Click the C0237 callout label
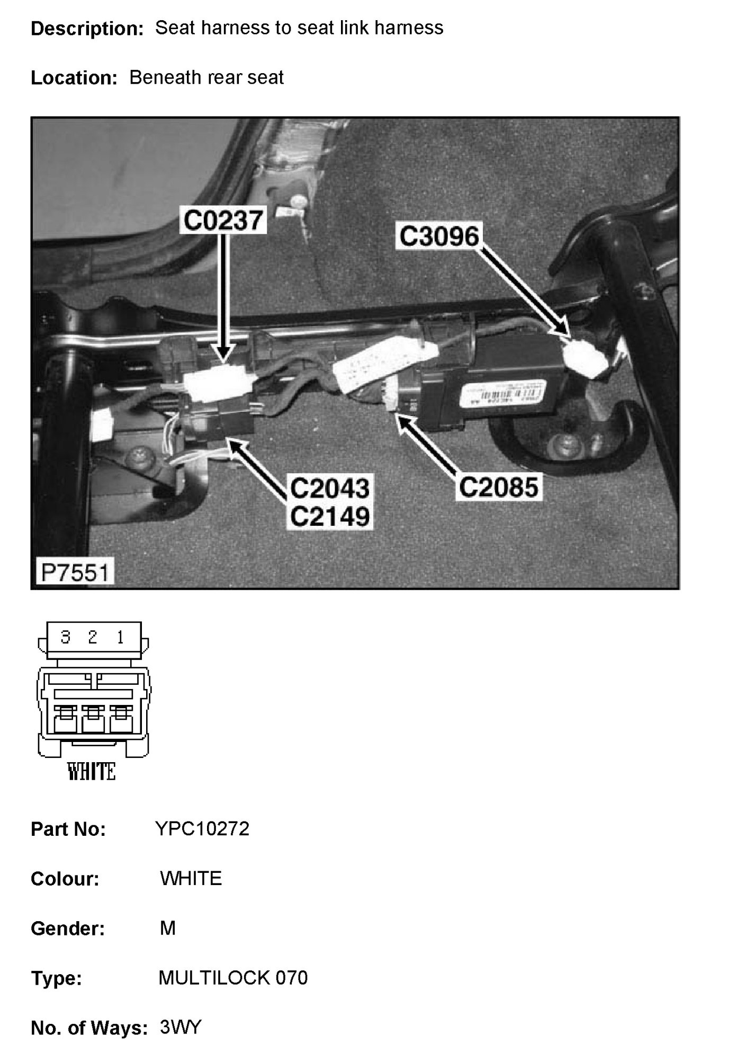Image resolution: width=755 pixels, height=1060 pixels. (x=222, y=220)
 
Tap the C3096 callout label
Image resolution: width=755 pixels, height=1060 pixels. (x=439, y=236)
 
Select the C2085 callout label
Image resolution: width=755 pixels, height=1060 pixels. (x=498, y=487)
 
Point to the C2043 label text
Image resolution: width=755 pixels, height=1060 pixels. (x=330, y=488)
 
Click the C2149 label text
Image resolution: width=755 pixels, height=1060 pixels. (x=330, y=516)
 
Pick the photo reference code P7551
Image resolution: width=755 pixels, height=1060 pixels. (x=75, y=572)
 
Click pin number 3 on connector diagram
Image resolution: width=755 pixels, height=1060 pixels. (x=66, y=637)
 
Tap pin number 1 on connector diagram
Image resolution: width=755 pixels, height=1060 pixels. (x=120, y=637)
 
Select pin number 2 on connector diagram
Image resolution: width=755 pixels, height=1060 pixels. (x=93, y=637)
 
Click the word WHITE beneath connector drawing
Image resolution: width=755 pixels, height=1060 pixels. (x=92, y=772)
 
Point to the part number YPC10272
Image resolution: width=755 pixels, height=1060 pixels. (x=202, y=828)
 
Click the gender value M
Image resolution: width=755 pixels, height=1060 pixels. (x=167, y=928)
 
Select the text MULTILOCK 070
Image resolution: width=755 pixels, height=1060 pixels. (x=233, y=977)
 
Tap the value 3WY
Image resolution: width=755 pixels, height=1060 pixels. (x=181, y=1027)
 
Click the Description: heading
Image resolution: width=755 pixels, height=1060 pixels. (x=87, y=29)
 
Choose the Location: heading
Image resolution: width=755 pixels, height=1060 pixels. (x=74, y=78)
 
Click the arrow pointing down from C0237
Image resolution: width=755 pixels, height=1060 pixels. (x=224, y=297)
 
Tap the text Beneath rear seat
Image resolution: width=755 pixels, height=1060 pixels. (x=206, y=77)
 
